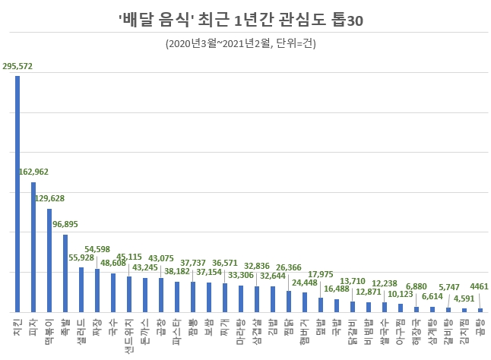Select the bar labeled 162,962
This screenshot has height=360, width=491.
(33, 247)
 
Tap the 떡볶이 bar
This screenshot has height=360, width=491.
(49, 260)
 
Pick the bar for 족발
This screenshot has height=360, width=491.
(65, 273)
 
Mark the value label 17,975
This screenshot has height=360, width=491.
(321, 274)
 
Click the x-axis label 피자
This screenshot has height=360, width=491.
(33, 324)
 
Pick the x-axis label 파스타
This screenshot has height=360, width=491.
(177, 327)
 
